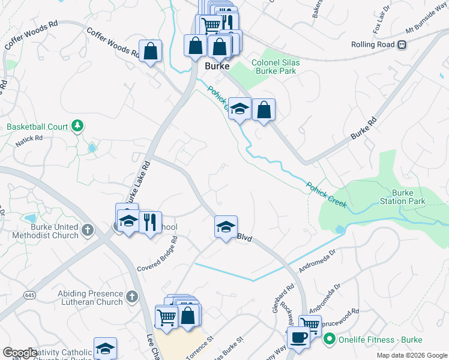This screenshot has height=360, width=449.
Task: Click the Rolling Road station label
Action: coord(372,44)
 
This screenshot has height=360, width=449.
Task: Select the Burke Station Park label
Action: coord(408,197)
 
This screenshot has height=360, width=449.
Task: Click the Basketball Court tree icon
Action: coord(77,126)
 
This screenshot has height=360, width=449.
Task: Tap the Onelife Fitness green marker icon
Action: coord(329,340)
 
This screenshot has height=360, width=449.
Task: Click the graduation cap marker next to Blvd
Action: coord(226,227)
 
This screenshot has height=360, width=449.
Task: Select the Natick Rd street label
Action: coord(30,138)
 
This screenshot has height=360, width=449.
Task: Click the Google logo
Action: coord(20,352)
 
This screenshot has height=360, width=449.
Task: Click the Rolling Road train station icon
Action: coord(402,44)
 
